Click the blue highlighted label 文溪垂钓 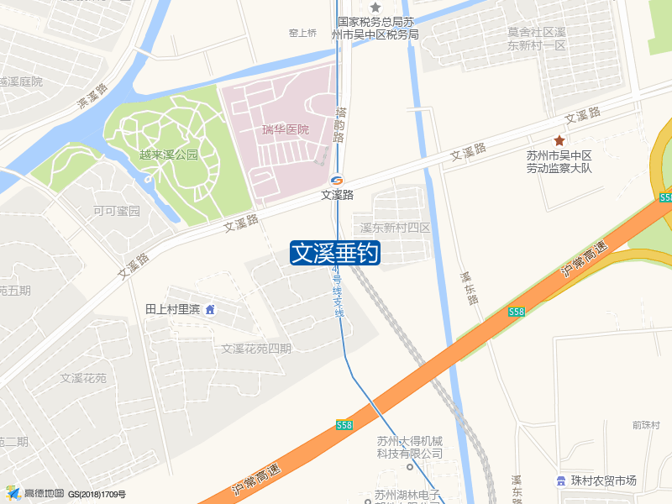coord(335,253)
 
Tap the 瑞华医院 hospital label coord(286,129)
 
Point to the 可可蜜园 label coord(116,211)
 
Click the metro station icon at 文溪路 coord(337,180)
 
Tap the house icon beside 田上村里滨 coord(210,309)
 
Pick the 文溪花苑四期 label coord(256,349)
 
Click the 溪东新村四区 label coord(395,228)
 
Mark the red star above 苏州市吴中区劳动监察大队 coord(559,140)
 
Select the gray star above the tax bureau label coord(375,8)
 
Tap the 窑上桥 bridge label coord(302,33)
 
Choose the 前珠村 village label coord(647,425)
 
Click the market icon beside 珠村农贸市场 coord(559,480)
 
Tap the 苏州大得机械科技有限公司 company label coord(409,447)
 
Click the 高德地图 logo coord(34,493)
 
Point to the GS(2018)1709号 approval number coord(97,495)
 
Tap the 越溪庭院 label coord(20,81)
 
